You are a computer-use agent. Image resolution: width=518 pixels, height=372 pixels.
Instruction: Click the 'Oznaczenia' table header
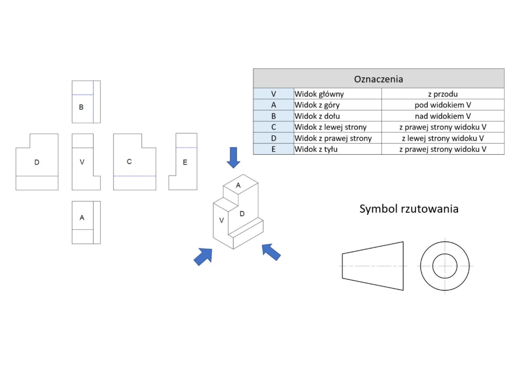pyautogui.click(x=378, y=79)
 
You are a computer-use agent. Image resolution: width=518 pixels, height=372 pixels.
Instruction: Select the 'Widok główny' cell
pyautogui.click(x=319, y=94)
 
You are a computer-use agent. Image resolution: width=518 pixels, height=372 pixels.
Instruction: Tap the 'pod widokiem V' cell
pyautogui.click(x=443, y=105)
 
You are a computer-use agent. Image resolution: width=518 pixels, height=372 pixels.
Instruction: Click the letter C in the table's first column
pyautogui.click(x=274, y=127)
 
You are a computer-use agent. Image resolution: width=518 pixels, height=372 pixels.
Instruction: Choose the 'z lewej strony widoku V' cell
pyautogui.click(x=443, y=138)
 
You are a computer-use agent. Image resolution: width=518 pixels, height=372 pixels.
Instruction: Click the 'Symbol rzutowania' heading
pyautogui.click(x=408, y=209)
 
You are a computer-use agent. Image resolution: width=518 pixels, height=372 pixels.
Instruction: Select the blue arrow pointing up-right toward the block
pyautogui.click(x=202, y=256)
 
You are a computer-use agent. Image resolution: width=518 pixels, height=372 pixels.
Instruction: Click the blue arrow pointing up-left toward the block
pyautogui.click(x=271, y=251)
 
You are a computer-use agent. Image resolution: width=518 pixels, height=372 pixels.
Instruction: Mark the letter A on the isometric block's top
pyautogui.click(x=238, y=185)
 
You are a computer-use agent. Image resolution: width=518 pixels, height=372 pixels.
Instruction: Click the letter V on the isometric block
pyautogui.click(x=222, y=220)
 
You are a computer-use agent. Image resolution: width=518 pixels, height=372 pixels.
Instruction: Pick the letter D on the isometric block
pyautogui.click(x=242, y=214)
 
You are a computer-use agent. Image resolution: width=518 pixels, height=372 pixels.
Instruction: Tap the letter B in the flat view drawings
pyautogui.click(x=81, y=107)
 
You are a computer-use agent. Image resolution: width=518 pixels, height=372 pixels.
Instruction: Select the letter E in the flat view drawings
pyautogui.click(x=185, y=162)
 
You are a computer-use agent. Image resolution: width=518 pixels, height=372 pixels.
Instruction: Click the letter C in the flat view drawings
pyautogui.click(x=129, y=162)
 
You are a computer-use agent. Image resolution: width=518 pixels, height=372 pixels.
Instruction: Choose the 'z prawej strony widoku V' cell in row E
pyautogui.click(x=443, y=149)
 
